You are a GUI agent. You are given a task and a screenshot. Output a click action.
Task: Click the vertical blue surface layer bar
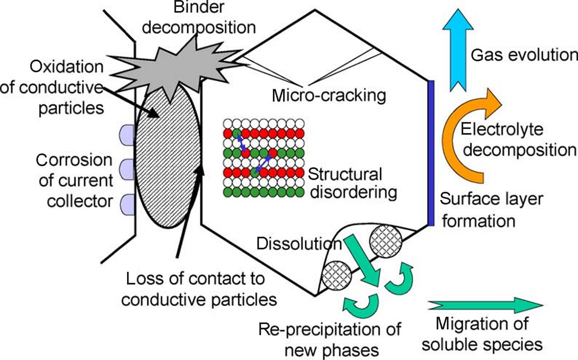point(431,153)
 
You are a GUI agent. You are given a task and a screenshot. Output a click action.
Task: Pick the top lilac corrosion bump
point(127,135)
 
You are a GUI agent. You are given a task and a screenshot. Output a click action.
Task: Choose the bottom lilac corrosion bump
point(127,204)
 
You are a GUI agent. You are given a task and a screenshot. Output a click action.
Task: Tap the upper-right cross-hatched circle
point(386,241)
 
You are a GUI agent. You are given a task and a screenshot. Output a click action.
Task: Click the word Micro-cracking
point(329,96)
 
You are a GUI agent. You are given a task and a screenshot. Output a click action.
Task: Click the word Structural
point(345,174)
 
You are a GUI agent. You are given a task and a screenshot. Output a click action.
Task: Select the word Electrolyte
point(502,129)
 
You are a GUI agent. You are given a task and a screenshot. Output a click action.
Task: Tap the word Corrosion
point(74,160)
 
